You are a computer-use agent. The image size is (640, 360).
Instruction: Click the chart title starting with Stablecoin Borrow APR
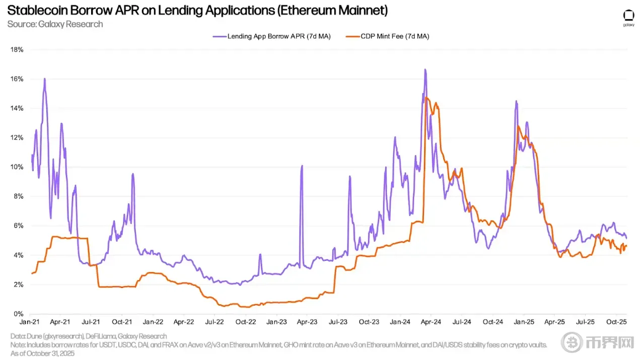pos(197,10)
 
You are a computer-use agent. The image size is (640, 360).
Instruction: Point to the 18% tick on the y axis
pos(18,50)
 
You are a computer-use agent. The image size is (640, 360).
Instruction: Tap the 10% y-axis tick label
pos(18,167)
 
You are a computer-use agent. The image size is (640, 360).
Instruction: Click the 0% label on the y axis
pos(19,314)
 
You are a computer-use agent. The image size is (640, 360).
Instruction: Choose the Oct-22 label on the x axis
pos(244,321)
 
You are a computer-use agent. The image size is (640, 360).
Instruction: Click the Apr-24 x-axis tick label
pos(431,321)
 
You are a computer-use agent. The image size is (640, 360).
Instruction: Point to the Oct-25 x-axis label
pos(615,321)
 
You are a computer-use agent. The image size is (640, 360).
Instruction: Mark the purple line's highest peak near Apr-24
pos(425,69)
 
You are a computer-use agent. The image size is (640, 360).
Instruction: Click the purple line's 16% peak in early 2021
pos(45,79)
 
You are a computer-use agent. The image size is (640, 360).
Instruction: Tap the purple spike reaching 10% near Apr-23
pos(302,166)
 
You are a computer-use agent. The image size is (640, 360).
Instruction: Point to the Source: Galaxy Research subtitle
pos(55,24)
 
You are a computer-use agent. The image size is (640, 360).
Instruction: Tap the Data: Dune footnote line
pos(88,336)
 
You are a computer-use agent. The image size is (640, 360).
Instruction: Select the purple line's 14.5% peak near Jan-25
pos(516,101)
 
